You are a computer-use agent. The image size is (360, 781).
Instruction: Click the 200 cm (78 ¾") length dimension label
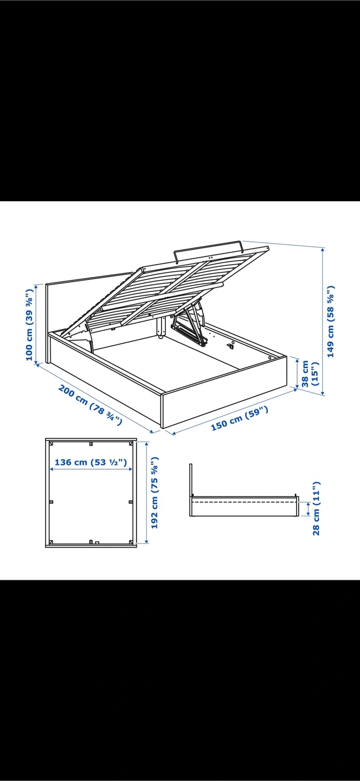coord(90,405)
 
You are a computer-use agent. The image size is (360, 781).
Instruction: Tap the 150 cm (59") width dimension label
coord(240,418)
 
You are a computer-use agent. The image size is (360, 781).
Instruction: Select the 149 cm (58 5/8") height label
coord(331,322)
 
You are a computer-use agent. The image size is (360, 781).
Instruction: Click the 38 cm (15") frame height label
coord(310,373)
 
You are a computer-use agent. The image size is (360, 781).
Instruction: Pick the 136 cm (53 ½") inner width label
coord(91,462)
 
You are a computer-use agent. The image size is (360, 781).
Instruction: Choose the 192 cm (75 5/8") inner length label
coord(155,492)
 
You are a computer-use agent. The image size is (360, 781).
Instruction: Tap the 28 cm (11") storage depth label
coord(316,509)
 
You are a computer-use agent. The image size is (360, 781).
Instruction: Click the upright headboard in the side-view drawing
coord(191,490)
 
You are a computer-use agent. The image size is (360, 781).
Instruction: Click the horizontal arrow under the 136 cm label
coord(91,469)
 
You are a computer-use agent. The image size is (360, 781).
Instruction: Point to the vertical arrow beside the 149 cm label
coord(323,321)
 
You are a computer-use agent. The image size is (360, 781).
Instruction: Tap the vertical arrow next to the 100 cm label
coord(36,324)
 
